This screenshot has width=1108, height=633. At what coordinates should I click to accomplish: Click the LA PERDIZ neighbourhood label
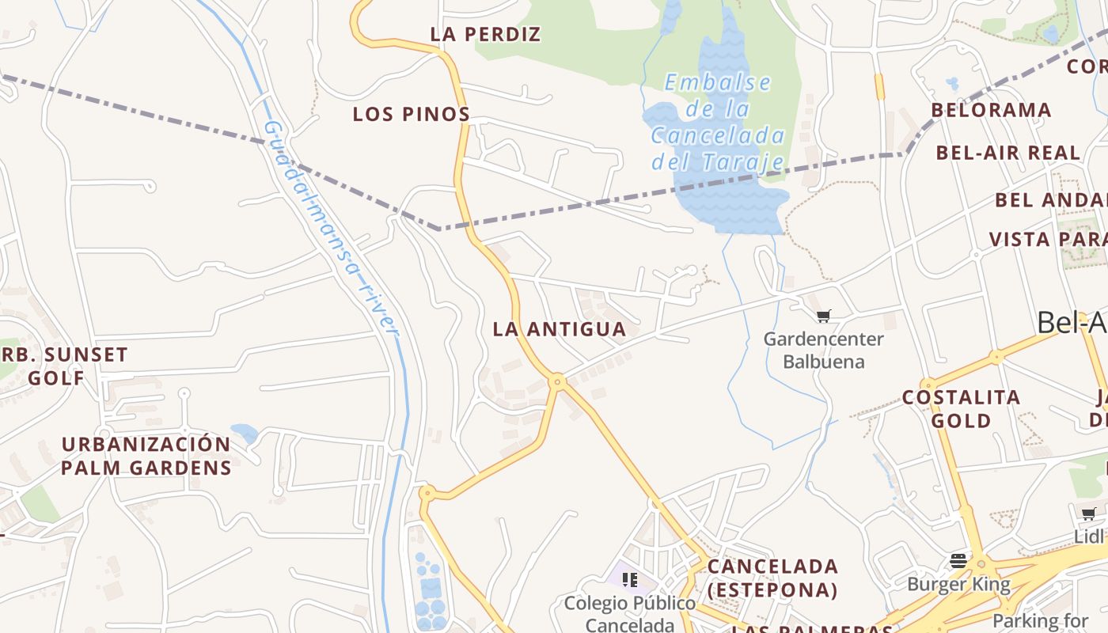(x=485, y=35)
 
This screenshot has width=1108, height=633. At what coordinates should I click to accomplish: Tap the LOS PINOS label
(x=412, y=115)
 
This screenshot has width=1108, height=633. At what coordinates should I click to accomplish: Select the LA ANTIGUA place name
(x=560, y=329)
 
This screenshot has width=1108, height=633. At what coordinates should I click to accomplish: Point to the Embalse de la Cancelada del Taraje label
(x=718, y=123)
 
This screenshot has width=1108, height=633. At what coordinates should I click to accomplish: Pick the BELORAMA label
(x=991, y=110)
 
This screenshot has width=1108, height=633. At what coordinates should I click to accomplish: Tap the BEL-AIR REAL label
(x=1007, y=153)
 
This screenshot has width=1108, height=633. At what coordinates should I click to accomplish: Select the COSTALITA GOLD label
(x=961, y=408)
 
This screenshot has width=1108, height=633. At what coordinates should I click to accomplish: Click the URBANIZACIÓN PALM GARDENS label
(x=146, y=456)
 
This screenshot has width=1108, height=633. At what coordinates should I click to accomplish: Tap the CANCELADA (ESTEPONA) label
(x=772, y=578)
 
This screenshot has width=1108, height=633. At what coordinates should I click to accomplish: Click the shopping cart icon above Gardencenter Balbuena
(x=823, y=316)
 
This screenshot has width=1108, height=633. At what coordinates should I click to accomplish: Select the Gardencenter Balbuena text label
(x=823, y=351)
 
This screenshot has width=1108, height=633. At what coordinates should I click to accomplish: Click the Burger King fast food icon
(x=958, y=561)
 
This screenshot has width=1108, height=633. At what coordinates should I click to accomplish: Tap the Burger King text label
(x=958, y=586)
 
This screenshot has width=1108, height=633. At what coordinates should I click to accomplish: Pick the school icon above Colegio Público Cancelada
(x=630, y=580)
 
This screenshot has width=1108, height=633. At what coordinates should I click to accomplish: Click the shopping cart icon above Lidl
(x=1089, y=514)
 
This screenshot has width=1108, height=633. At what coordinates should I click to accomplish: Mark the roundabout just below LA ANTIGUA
(x=558, y=382)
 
